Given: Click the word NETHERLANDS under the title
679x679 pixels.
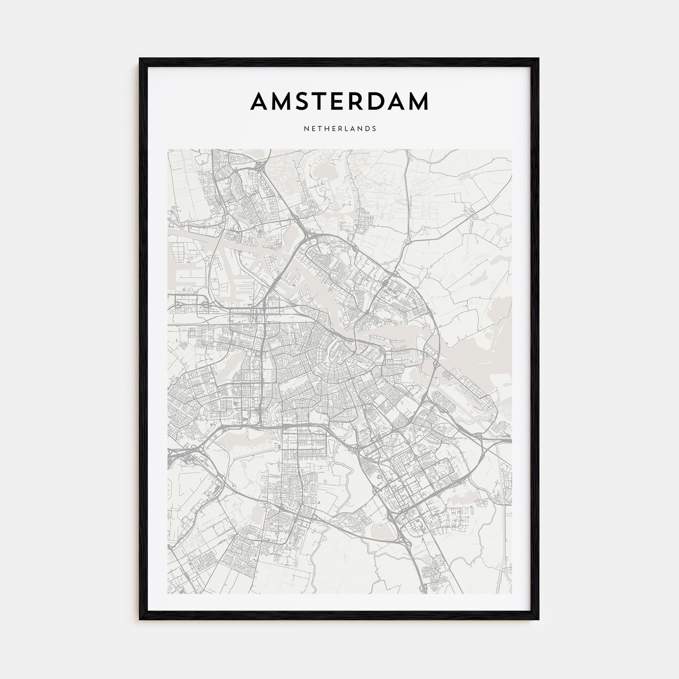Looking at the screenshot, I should point(340,129).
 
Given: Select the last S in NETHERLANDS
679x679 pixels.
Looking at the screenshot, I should point(375,129).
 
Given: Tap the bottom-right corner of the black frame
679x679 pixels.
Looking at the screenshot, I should point(538,619).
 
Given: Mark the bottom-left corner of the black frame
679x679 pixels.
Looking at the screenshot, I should point(140,619).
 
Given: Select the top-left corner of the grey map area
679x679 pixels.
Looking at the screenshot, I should point(168,150).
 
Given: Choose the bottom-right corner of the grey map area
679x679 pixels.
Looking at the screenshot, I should point(512,593).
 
